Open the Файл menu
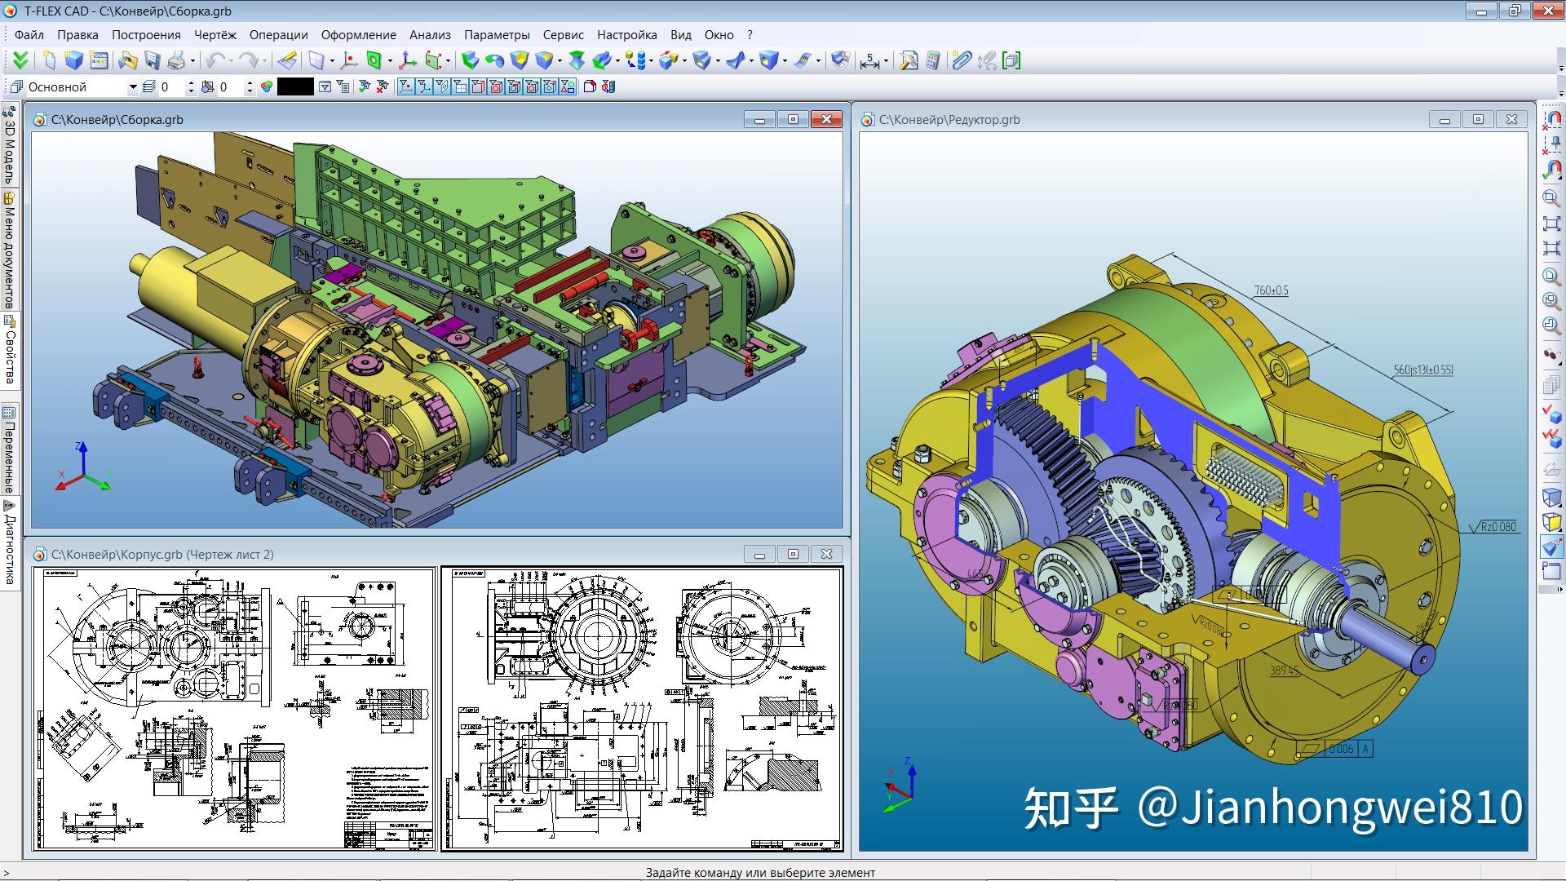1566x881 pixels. pos(29,35)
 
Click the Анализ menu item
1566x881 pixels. pos(430,35)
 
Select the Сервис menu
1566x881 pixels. pos(563,35)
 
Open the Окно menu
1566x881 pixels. pos(719,35)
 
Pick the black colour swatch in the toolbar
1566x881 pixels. pos(295,87)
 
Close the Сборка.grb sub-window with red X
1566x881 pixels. pos(826,120)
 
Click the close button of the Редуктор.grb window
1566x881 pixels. pos(1511,120)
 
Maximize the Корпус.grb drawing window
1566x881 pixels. pos(793,555)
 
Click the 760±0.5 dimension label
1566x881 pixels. pos(1271,290)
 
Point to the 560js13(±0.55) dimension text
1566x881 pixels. pos(1422,370)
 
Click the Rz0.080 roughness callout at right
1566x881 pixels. pos(1498,527)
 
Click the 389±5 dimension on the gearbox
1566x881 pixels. pos(1284,671)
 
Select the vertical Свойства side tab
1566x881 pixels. pos(10,351)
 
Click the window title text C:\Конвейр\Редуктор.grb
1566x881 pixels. pos(949,120)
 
